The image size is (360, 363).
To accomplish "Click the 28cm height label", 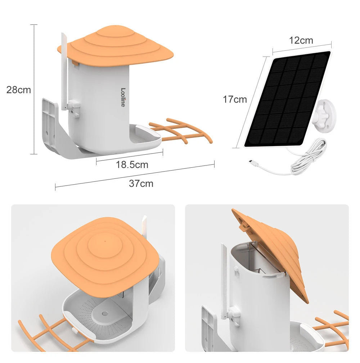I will (19, 90).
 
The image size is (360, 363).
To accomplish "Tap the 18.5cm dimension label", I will (132, 165).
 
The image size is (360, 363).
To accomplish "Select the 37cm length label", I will (141, 183).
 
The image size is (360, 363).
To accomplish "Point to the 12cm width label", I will (301, 40).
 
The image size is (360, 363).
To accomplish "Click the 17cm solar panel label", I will (235, 99).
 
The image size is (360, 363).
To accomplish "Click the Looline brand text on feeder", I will (123, 97).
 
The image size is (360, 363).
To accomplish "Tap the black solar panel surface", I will (287, 99).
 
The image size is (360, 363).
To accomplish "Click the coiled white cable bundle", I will (309, 158).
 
